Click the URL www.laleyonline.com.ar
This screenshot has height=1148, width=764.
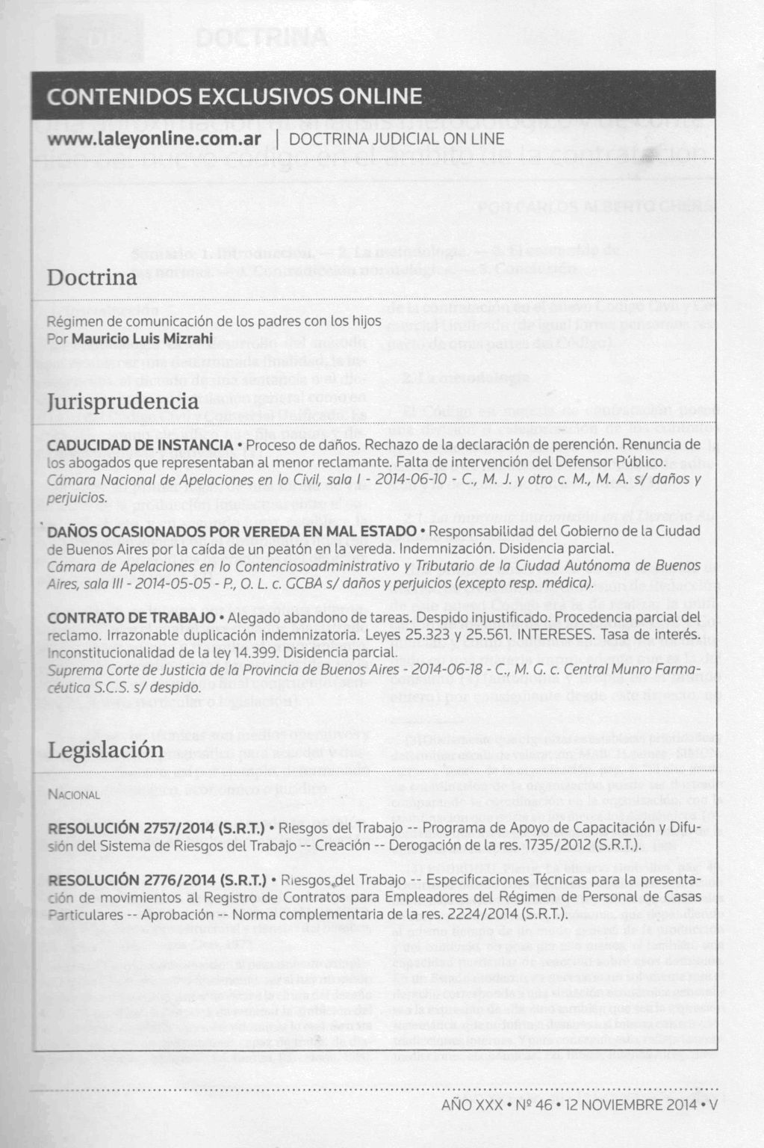coord(154,140)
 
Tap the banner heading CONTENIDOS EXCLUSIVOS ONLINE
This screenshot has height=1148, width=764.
coord(235,97)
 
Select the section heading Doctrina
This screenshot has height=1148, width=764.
coord(92,277)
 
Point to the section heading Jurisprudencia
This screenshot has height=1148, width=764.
coord(123,401)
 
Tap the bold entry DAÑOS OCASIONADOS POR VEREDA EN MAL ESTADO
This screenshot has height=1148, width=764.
coord(232,531)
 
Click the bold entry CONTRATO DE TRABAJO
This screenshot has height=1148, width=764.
coord(131,618)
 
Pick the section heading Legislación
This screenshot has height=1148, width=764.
coord(105,750)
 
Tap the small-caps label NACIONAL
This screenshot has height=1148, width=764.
coord(73,794)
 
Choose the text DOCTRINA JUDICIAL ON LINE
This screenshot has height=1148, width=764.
coord(396,140)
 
